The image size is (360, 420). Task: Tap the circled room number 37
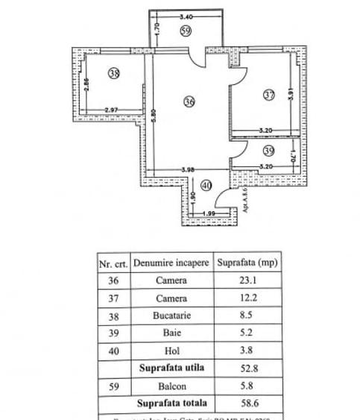[269, 95]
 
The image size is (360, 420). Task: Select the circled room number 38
[113, 73]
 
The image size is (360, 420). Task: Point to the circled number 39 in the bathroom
[269, 150]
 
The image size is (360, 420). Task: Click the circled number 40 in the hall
[206, 185]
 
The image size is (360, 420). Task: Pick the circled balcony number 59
[186, 31]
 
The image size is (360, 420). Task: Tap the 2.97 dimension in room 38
[112, 110]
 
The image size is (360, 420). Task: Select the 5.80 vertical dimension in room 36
[151, 117]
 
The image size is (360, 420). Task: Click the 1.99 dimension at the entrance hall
[209, 215]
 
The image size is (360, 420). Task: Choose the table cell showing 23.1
[248, 281]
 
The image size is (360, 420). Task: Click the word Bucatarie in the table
[171, 316]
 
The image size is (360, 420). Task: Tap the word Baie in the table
[171, 333]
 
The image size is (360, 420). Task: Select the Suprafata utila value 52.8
[248, 368]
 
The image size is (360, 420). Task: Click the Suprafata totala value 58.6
[248, 403]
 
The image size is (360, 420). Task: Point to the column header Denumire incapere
[171, 263]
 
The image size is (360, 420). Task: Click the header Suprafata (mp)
[248, 263]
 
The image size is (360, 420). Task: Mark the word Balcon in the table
[171, 385]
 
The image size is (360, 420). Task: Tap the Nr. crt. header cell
[114, 263]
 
